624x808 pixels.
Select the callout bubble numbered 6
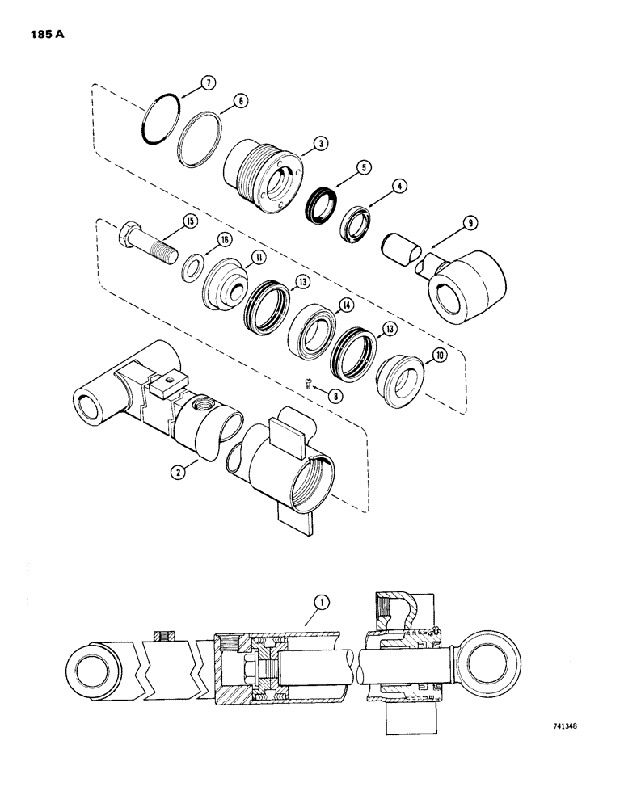click(x=240, y=102)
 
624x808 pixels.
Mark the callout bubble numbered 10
click(x=440, y=353)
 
